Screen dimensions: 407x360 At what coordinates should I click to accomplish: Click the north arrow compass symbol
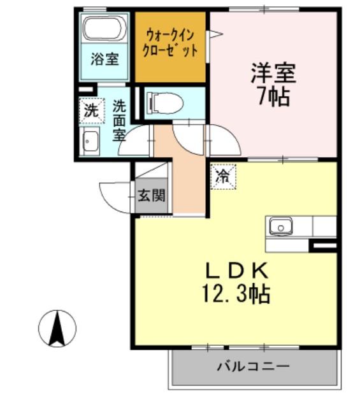57,327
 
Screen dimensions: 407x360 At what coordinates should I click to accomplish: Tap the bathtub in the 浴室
104,30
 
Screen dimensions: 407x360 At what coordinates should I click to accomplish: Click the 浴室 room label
104,60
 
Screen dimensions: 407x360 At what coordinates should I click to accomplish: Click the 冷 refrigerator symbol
223,175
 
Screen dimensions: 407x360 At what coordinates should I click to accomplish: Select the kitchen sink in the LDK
280,226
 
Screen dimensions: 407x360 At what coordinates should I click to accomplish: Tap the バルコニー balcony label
253,367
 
